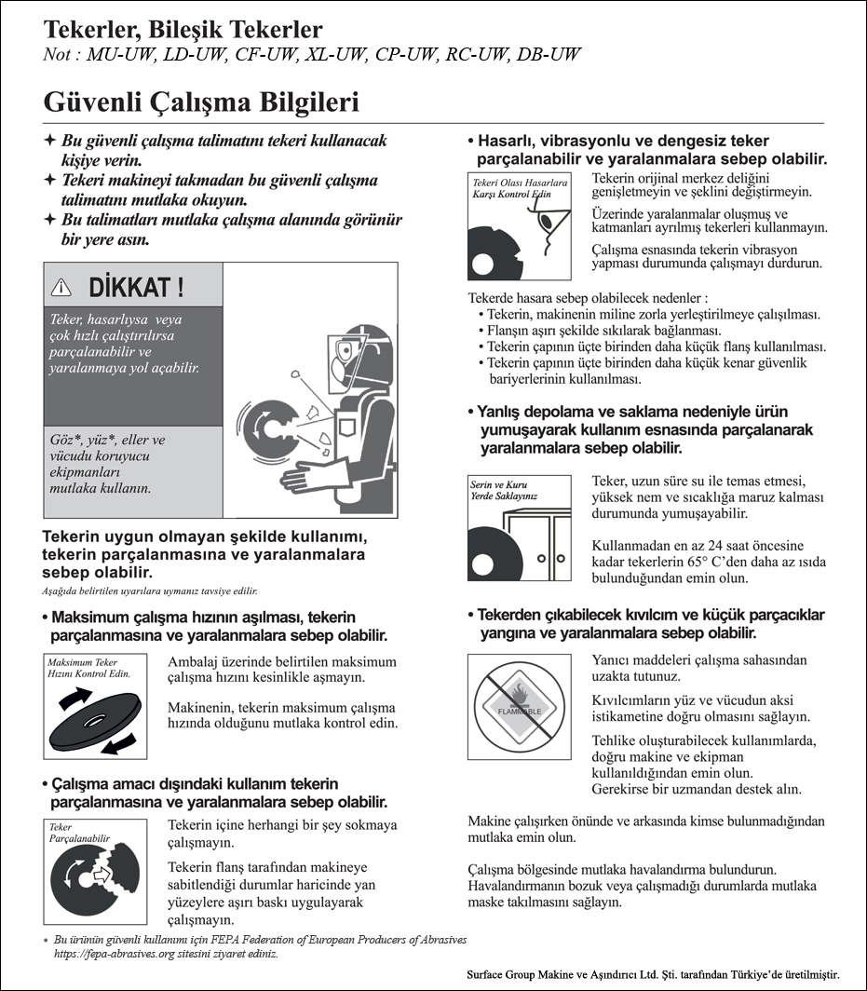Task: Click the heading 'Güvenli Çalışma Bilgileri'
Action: click(201, 102)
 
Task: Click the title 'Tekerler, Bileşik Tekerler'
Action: click(183, 30)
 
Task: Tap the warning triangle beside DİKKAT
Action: click(62, 287)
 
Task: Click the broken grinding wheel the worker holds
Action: click(269, 429)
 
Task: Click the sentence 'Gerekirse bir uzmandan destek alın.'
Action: click(697, 790)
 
